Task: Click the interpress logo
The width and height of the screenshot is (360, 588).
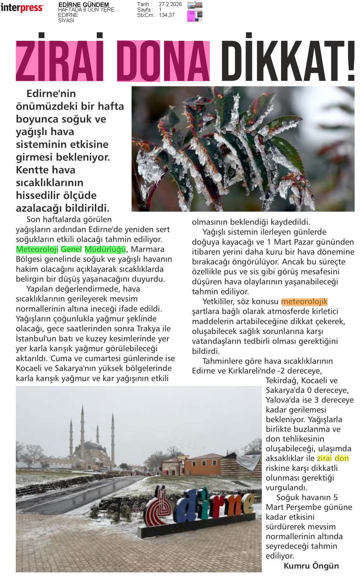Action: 22,8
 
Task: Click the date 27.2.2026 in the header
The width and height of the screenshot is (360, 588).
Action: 170,4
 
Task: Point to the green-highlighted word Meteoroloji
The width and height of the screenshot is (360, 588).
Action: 37,249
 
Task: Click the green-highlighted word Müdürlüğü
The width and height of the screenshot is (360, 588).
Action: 105,249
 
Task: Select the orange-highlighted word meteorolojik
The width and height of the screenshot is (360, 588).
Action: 304,302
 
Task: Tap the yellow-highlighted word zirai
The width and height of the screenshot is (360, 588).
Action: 324,458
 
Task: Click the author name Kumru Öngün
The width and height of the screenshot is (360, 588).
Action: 311,566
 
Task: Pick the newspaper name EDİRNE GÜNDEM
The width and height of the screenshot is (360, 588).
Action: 83,5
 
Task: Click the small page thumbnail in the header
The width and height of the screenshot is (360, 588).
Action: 194,12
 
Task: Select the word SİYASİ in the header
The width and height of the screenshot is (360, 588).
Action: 66,20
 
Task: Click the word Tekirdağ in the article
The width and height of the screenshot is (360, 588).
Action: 282,380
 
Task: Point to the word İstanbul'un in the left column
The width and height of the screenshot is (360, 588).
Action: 33,339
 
